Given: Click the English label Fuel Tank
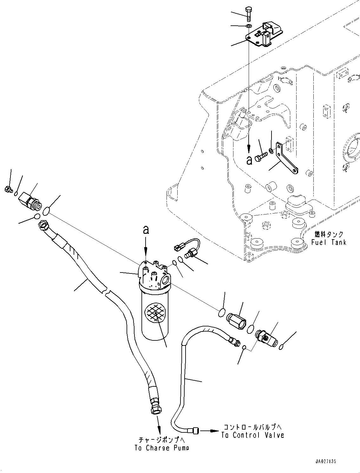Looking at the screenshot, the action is [329, 242].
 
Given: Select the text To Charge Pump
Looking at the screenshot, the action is [162, 448].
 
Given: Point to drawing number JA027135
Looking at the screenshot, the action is [325, 461].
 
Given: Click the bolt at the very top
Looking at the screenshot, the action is [248, 14].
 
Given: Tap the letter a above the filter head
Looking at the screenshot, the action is [146, 230].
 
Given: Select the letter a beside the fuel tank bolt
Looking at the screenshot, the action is [249, 160].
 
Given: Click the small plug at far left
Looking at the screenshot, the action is [8, 189].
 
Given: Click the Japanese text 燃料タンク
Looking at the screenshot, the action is [329, 234].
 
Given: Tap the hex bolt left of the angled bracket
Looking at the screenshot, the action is [261, 157].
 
